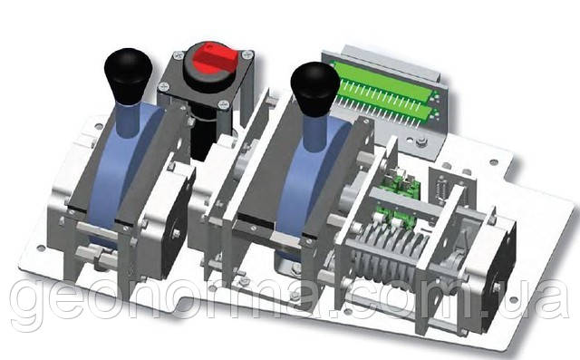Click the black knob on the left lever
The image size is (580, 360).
(128, 76)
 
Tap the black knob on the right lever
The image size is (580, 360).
(314, 89)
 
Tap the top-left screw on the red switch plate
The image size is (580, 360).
(178, 55)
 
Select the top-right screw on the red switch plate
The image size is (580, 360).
(247, 55)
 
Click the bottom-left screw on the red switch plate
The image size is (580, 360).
(163, 87)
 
